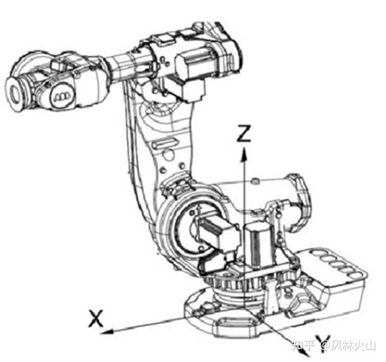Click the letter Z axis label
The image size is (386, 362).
(x=244, y=133)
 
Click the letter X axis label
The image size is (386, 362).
(x=96, y=319)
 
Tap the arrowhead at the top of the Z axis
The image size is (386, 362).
(x=244, y=155)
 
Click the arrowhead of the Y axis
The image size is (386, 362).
(x=305, y=352)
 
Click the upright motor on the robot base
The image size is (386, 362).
(x=258, y=244)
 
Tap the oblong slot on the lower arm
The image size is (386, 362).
(x=164, y=143)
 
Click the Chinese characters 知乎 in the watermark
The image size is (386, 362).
(x=303, y=346)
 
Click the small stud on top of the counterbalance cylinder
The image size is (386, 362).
(x=255, y=181)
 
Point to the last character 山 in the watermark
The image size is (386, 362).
(x=370, y=346)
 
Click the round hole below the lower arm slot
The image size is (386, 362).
(x=169, y=155)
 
